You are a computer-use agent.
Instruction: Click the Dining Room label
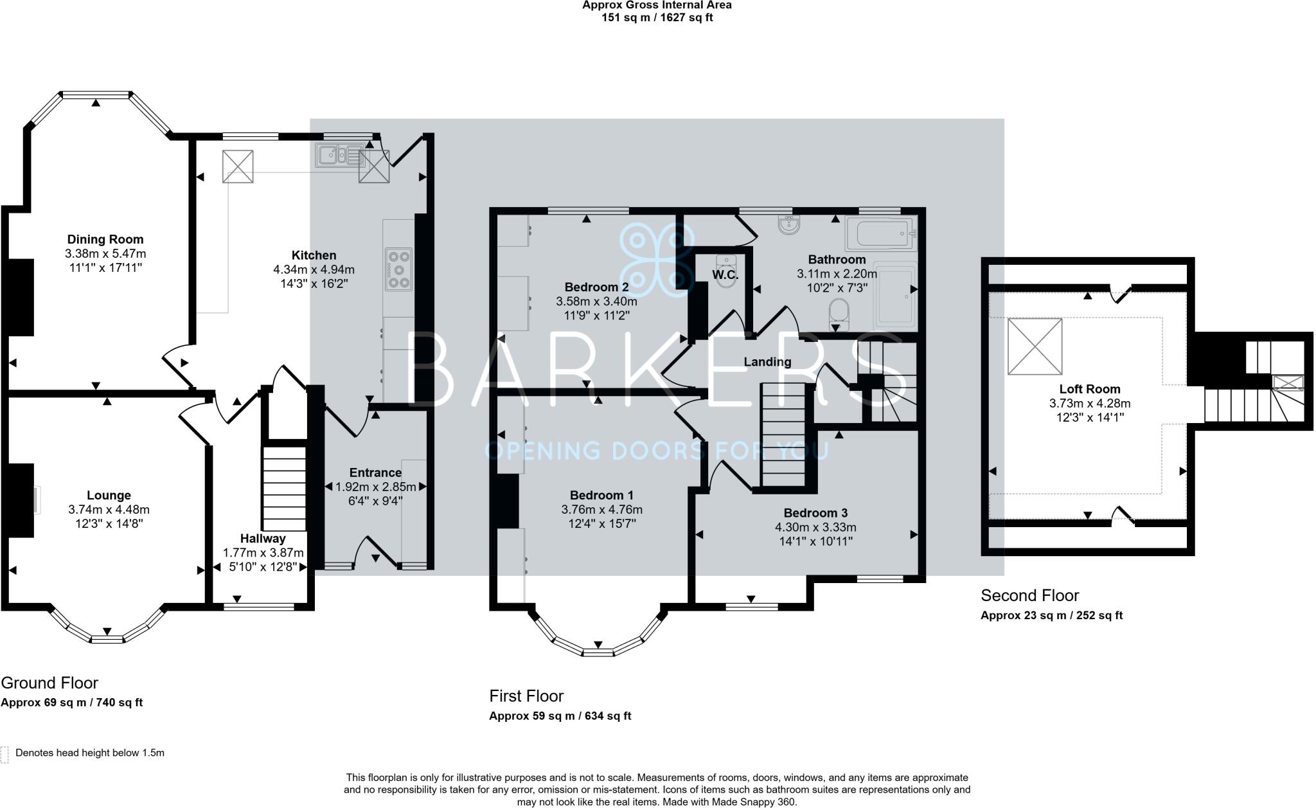[105, 240]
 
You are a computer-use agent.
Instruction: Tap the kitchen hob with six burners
[399, 269]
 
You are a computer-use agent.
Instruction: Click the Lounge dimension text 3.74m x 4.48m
[109, 509]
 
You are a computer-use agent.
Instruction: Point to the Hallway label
[263, 539]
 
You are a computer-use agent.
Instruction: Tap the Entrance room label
[375, 473]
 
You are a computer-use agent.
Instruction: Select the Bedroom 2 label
[596, 287]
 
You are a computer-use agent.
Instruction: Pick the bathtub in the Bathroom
[880, 233]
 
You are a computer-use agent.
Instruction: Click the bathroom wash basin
[788, 225]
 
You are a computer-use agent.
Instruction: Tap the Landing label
[767, 362]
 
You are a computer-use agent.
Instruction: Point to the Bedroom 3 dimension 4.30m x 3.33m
[815, 527]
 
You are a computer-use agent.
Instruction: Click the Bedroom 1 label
[601, 495]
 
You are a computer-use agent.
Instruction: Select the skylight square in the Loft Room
[1035, 346]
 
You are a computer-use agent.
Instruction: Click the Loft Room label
[1089, 389]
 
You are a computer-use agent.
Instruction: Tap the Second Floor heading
[1029, 595]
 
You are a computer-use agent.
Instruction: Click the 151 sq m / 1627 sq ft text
[656, 17]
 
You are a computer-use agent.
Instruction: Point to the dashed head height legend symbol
[4, 754]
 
